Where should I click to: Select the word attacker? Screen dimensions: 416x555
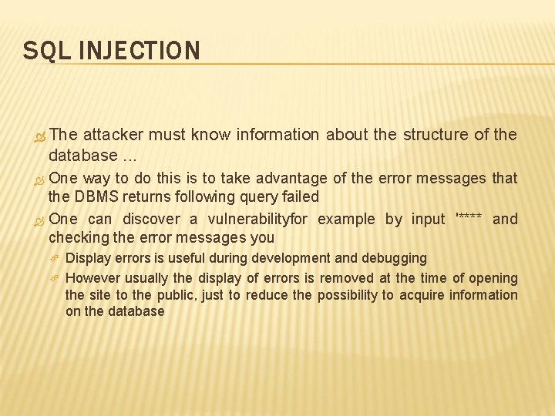113,135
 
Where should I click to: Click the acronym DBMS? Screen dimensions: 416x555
97,196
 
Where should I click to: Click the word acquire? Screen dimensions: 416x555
422,295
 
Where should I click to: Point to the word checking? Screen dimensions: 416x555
75,237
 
